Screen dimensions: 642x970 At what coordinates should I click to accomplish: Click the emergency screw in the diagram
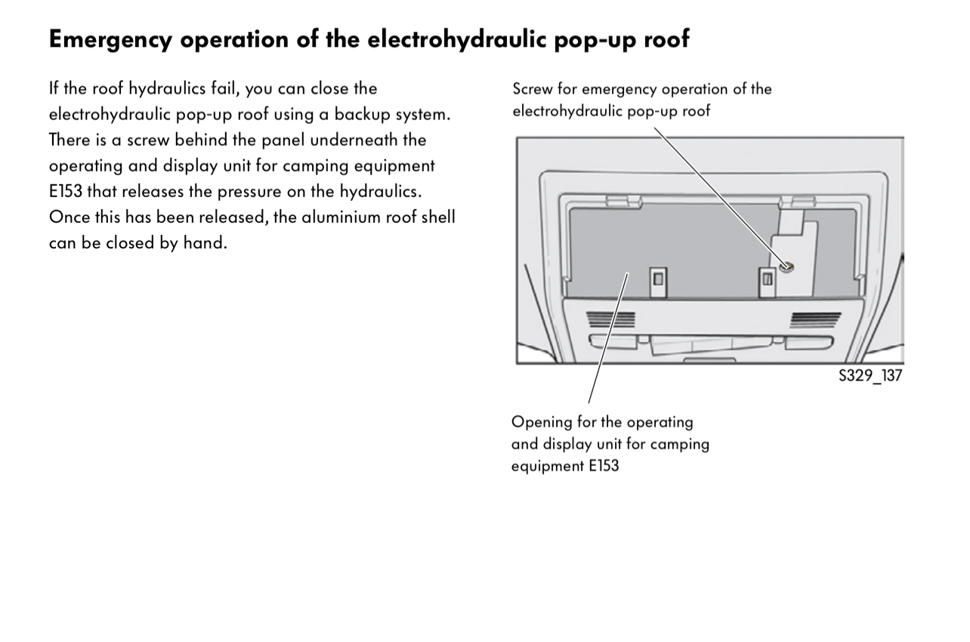tap(786, 267)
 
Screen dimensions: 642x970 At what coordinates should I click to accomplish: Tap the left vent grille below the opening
tap(611, 320)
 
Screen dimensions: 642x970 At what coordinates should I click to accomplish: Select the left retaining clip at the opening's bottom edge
tap(658, 278)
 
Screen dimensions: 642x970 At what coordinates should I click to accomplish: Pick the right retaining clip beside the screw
tap(767, 279)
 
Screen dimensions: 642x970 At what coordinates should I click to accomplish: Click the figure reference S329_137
tap(870, 375)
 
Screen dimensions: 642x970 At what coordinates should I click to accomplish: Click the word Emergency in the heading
tap(112, 39)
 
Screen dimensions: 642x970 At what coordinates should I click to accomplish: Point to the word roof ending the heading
tap(666, 39)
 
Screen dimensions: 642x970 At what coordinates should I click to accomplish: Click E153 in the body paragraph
tap(66, 191)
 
